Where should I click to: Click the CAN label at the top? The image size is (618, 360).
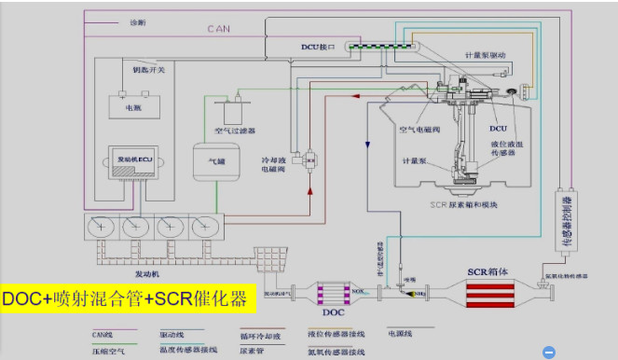pyautogui.click(x=218, y=29)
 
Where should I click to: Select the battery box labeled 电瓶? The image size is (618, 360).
pyautogui.click(x=131, y=105)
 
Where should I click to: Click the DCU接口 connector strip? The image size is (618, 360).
pyautogui.click(x=402, y=46)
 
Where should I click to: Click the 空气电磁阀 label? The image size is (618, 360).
pyautogui.click(x=425, y=129)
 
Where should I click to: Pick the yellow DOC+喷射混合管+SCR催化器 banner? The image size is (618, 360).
pyautogui.click(x=125, y=299)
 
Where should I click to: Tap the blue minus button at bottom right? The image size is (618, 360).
pyautogui.click(x=549, y=352)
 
